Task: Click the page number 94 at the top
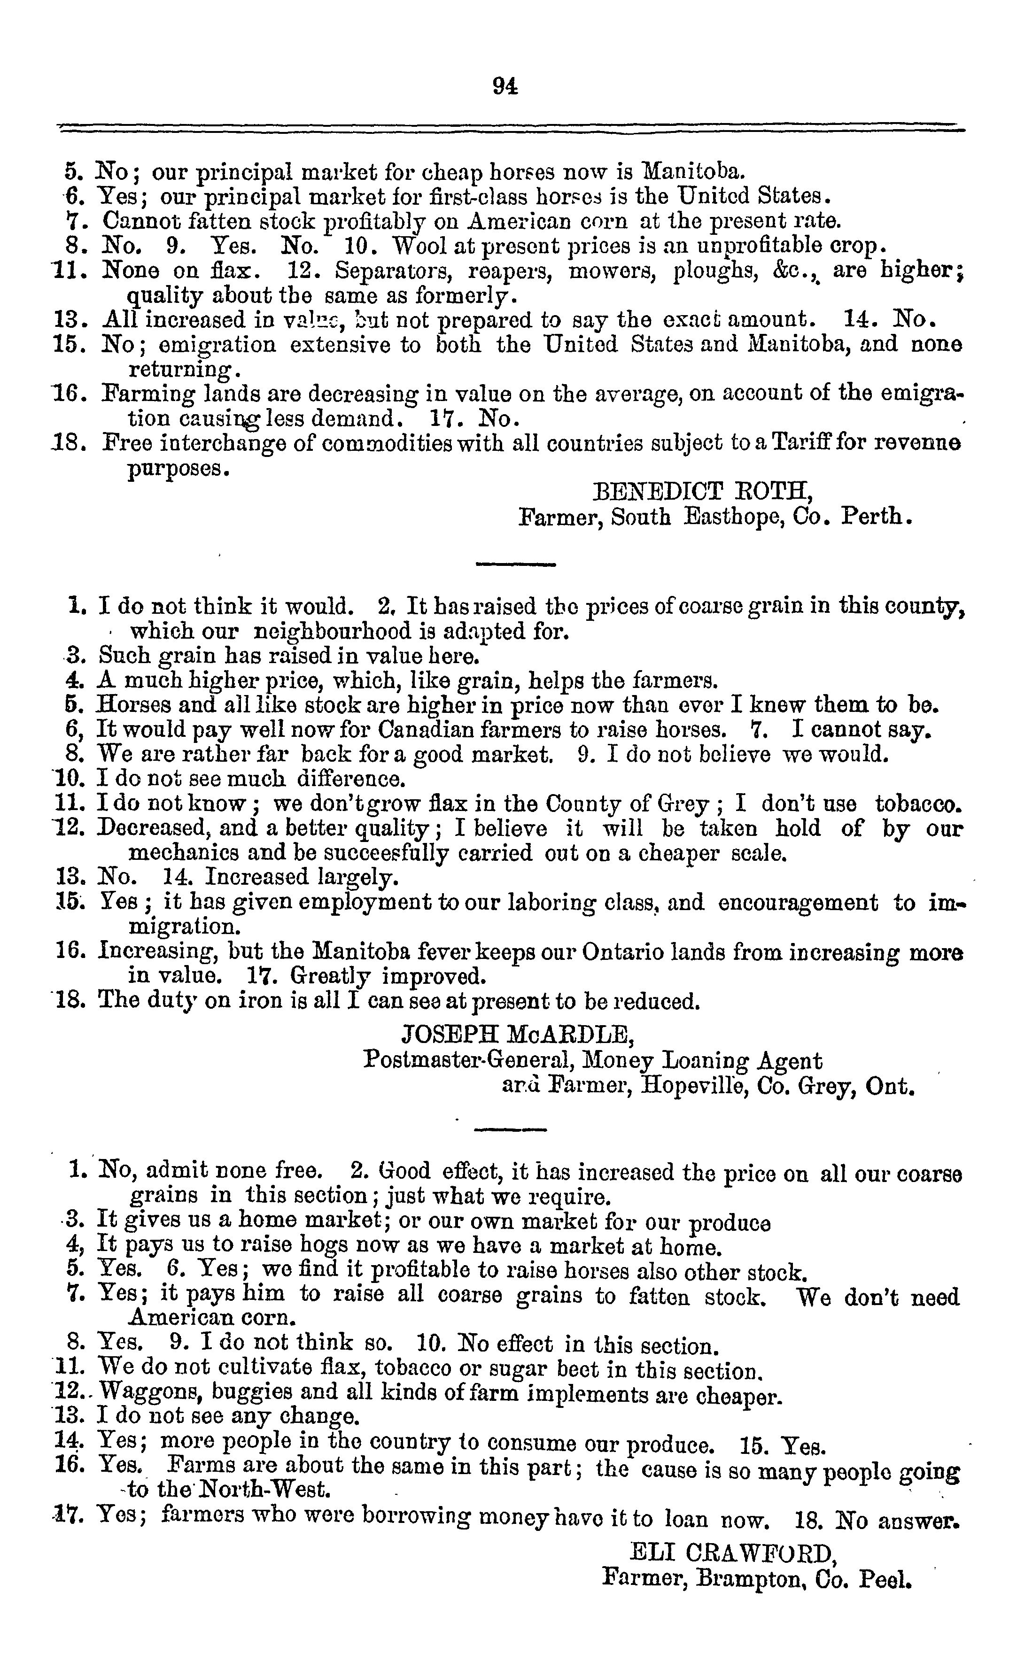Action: pyautogui.click(x=505, y=87)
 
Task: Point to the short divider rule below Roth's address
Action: pyautogui.click(x=516, y=564)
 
